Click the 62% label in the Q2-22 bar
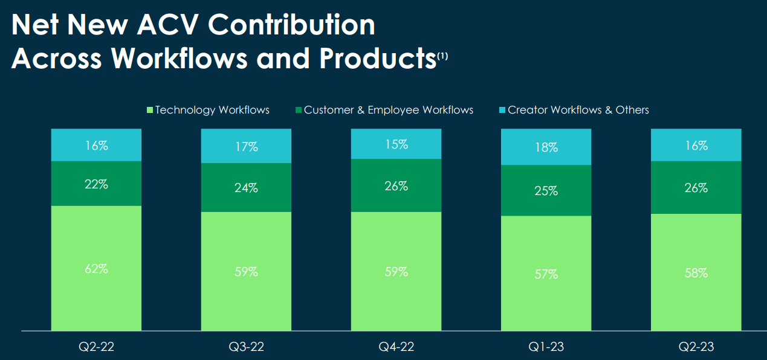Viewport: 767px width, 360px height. (96, 269)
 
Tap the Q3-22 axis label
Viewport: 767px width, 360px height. (246, 347)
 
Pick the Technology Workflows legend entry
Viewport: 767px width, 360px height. (208, 110)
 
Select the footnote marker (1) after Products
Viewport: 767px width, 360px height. (443, 56)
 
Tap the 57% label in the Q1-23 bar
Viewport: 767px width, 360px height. (546, 274)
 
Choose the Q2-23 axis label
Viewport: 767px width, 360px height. (696, 347)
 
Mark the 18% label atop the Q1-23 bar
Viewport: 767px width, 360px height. (546, 147)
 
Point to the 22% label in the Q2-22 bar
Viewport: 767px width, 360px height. (96, 185)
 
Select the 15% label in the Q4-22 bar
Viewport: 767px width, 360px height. (396, 145)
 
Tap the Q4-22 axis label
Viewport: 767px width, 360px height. (396, 347)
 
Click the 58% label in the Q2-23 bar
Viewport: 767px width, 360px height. (696, 273)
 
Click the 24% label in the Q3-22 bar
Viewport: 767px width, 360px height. (246, 188)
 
